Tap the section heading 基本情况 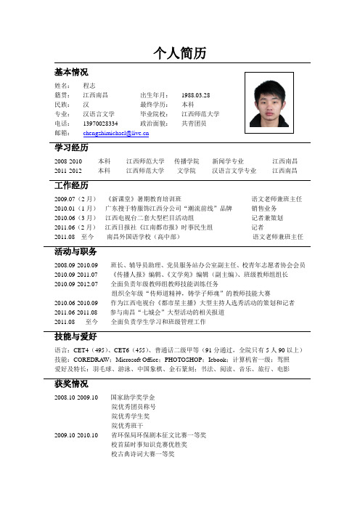coord(71,73)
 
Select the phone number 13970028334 coord(100,124)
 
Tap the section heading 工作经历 coord(71,185)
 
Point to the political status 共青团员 coord(195,124)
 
